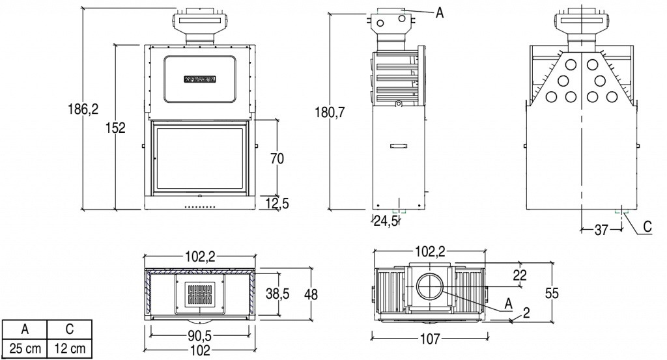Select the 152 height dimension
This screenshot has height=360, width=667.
point(115,128)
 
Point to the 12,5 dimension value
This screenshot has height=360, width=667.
point(277,204)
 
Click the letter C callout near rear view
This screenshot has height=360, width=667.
point(647,227)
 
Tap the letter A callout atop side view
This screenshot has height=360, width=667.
point(440,12)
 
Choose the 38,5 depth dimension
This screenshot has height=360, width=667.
point(277,294)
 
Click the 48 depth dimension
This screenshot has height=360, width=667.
point(311,294)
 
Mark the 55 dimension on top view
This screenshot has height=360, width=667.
point(552,294)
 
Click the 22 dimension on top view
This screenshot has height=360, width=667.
point(518,275)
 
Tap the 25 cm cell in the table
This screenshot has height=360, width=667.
point(24,348)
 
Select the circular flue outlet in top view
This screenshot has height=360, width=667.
point(429,287)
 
